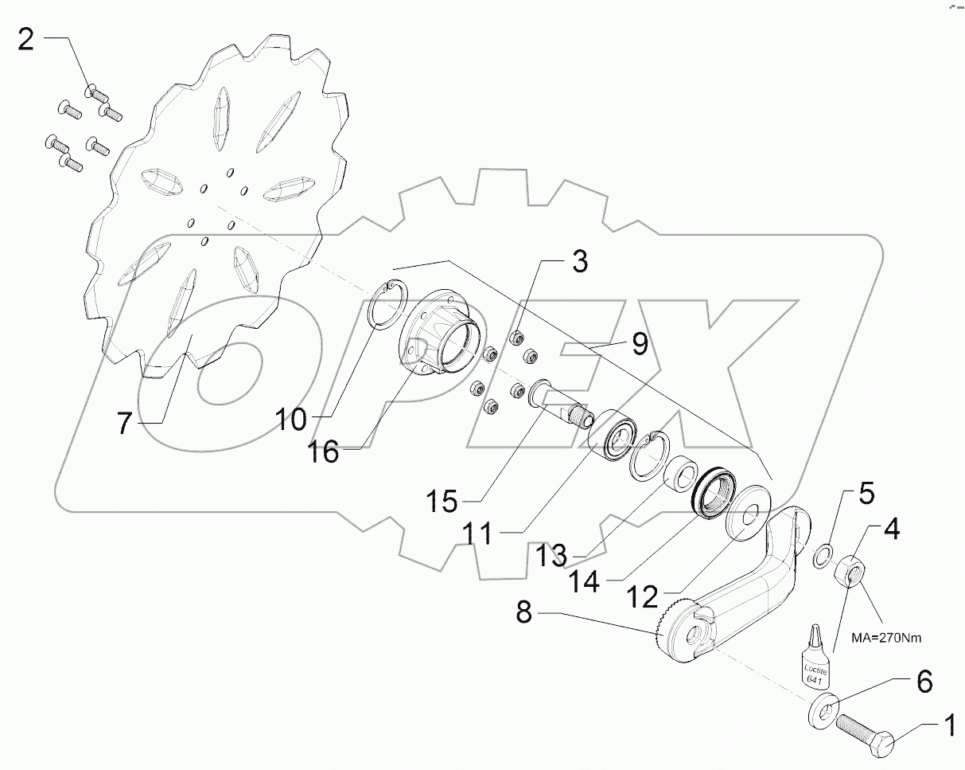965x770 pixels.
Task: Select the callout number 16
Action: tap(325, 451)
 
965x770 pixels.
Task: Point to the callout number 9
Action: tap(640, 344)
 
